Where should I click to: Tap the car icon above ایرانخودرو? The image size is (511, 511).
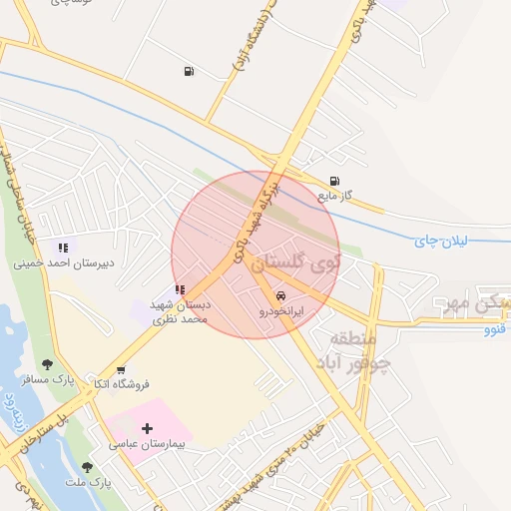pyautogui.click(x=281, y=296)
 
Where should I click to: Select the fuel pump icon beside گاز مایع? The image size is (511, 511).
pyautogui.click(x=333, y=182)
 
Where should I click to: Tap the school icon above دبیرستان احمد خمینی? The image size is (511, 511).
pyautogui.click(x=63, y=248)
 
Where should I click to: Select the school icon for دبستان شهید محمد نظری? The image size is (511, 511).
pyautogui.click(x=180, y=290)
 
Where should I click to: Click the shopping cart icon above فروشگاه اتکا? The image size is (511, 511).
pyautogui.click(x=121, y=370)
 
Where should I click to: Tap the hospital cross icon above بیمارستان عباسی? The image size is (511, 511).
pyautogui.click(x=147, y=428)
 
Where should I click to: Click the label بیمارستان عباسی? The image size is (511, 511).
pyautogui.click(x=149, y=442)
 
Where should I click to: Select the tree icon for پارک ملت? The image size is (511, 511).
pyautogui.click(x=87, y=466)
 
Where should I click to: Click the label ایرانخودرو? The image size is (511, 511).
pyautogui.click(x=281, y=311)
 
